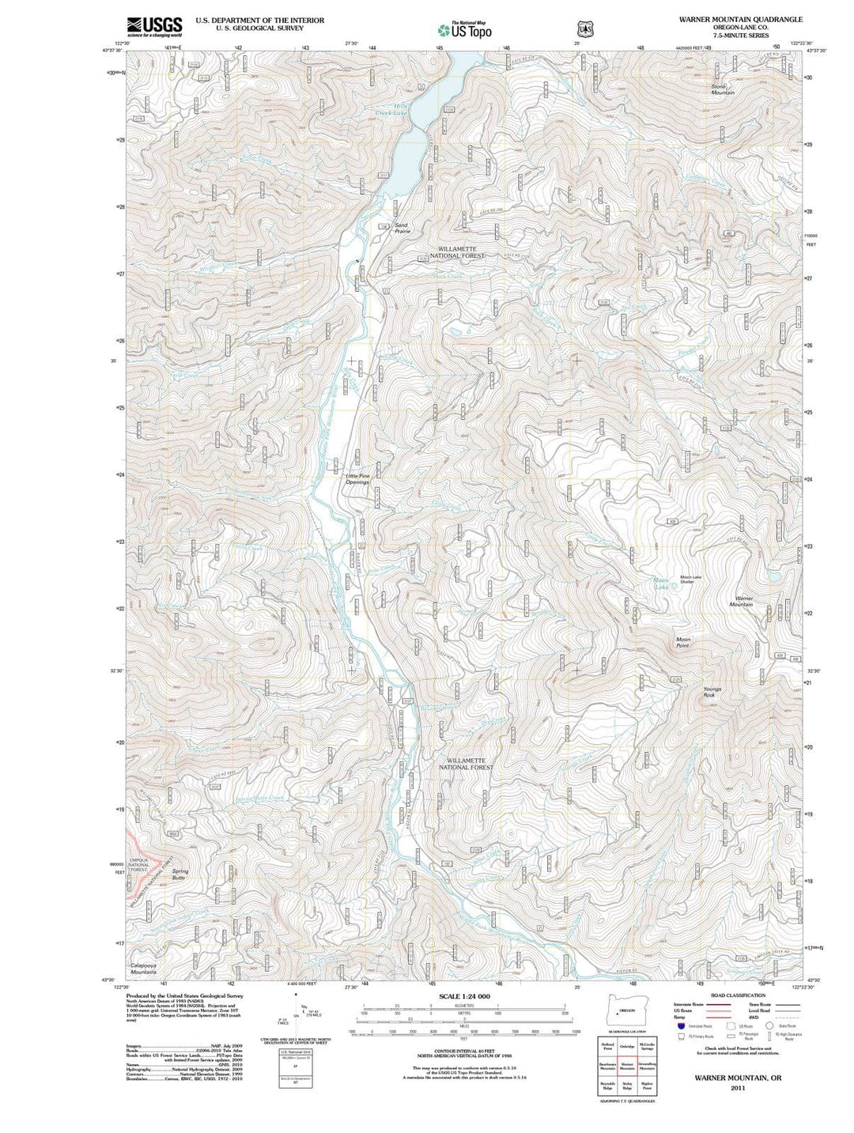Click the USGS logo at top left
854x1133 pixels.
(154, 26)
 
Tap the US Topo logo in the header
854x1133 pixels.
(465, 30)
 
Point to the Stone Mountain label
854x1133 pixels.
(722, 89)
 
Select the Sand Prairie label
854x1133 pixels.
(402, 228)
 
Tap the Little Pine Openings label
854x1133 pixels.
(357, 479)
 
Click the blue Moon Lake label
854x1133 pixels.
(662, 584)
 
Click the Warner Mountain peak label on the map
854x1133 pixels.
(741, 602)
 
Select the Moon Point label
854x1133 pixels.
(682, 642)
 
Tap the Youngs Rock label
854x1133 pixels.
(712, 692)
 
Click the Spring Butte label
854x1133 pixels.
(179, 874)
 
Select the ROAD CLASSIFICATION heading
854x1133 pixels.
(737, 995)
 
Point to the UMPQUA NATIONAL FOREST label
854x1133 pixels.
(139, 865)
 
